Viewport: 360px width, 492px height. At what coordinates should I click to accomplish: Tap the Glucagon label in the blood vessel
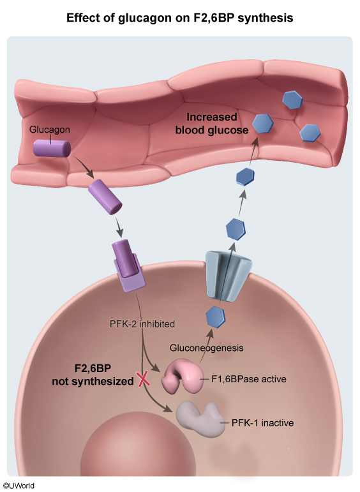[x=50, y=130]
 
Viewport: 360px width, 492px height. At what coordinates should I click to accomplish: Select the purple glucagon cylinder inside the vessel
[x=52, y=149]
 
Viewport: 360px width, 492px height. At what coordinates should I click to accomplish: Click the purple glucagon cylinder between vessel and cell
[x=105, y=197]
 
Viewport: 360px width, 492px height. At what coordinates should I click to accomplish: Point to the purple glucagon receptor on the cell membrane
[x=129, y=266]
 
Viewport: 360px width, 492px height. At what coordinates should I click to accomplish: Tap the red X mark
[x=144, y=378]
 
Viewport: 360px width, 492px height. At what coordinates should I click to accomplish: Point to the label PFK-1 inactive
[x=262, y=423]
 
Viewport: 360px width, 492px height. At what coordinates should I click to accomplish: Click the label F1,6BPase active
[x=249, y=379]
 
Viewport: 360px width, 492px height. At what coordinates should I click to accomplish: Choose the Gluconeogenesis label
[x=207, y=348]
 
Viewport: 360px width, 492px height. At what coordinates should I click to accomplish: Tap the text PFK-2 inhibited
[x=142, y=324]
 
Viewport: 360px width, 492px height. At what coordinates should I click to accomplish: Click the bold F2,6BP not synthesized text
[x=93, y=375]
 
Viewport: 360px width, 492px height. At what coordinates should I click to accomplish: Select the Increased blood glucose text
[x=212, y=123]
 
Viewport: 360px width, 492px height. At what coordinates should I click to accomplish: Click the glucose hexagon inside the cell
[x=215, y=317]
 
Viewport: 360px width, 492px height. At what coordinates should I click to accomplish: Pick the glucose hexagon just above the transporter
[x=236, y=229]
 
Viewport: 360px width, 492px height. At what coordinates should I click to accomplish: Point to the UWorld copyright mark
[x=19, y=486]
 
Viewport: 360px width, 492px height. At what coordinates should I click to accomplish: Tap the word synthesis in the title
[x=266, y=19]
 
